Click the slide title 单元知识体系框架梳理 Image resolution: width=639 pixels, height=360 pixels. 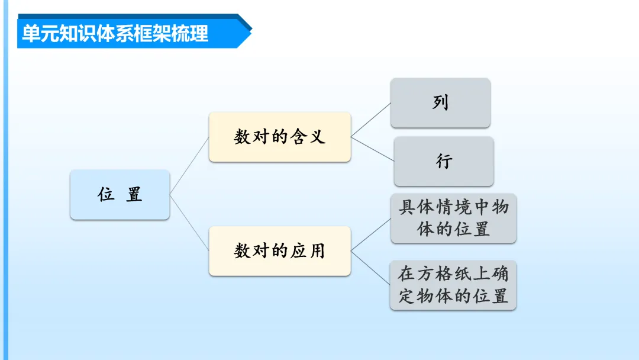pyautogui.click(x=115, y=33)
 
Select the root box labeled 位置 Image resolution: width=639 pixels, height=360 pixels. pyautogui.click(x=120, y=195)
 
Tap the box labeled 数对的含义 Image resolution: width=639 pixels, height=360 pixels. pyautogui.click(x=279, y=137)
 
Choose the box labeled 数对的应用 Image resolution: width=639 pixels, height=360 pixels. pyautogui.click(x=279, y=250)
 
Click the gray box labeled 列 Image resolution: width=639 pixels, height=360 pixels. pyautogui.click(x=440, y=102)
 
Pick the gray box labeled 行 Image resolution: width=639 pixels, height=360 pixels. pyautogui.click(x=444, y=161)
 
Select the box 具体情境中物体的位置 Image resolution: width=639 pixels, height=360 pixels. pyautogui.click(x=453, y=218)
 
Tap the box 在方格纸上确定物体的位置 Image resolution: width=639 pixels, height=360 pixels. pyautogui.click(x=453, y=285)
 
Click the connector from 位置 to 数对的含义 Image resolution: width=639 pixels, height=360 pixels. pyautogui.click(x=189, y=166)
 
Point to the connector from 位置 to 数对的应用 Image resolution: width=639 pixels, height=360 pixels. pyautogui.click(x=189, y=223)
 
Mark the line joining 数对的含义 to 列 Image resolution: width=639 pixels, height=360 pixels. pyautogui.click(x=371, y=120)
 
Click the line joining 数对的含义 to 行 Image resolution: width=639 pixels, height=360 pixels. pyautogui.click(x=373, y=149)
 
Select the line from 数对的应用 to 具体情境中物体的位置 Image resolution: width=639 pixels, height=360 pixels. pyautogui.click(x=371, y=234)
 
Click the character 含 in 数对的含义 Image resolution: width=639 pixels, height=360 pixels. pyautogui.click(x=298, y=137)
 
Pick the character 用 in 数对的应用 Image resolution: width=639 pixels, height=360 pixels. pyautogui.click(x=317, y=250)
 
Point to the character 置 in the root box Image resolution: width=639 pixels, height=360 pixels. pyautogui.click(x=134, y=195)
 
